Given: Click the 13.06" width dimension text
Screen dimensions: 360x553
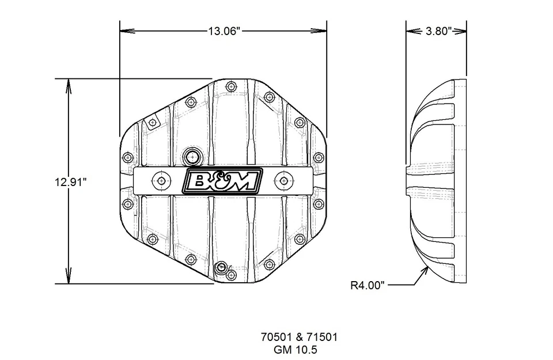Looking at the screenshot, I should point(223,31).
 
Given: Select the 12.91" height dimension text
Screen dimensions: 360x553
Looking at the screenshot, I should point(70,182).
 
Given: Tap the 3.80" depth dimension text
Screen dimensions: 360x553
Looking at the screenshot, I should point(437,31).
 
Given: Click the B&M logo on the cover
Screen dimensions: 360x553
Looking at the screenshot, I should point(222,180).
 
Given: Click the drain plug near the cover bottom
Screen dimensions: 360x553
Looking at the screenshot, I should point(221,268).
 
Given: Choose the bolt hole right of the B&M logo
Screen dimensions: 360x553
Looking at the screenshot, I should point(282,180).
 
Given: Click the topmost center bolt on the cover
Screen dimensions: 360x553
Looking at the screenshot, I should point(232,87).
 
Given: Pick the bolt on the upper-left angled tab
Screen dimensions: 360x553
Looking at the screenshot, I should point(151,123).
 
